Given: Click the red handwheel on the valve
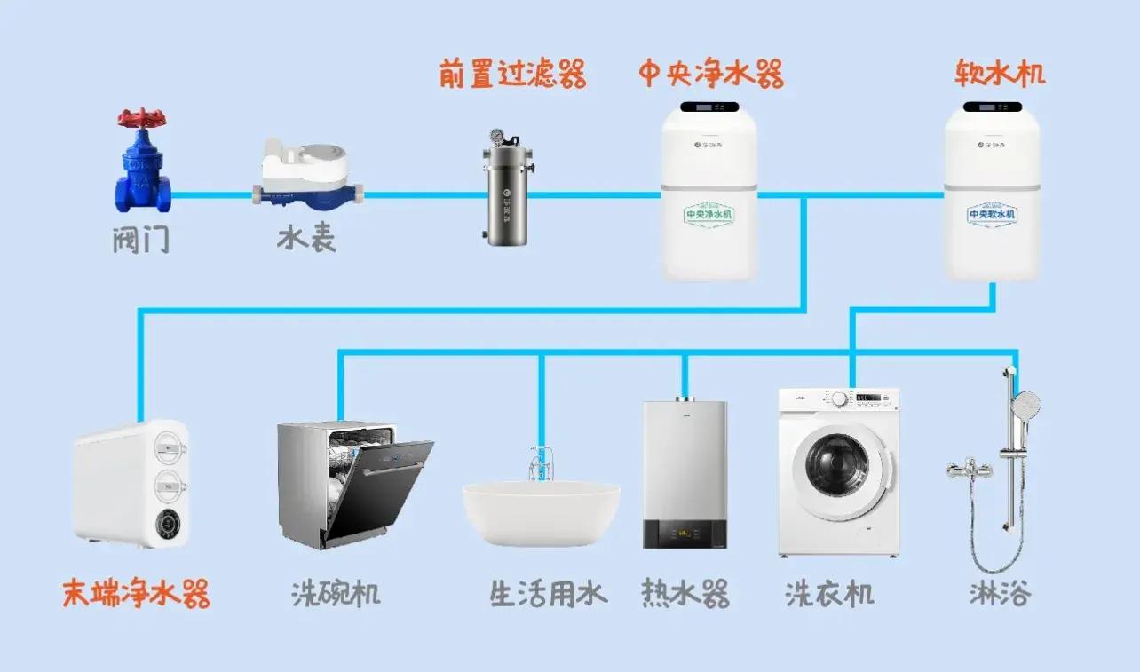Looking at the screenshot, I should pos(142,118).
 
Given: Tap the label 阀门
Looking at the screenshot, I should pos(141,239).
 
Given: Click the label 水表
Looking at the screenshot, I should pos(306,239).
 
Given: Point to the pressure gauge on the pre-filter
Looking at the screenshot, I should pos(495,138).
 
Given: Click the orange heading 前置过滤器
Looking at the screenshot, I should pos(512,75).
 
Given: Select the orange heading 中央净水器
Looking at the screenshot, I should pos(710,75).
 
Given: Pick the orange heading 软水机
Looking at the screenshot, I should pos(1000,73).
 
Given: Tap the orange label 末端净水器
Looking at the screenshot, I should pos(136,593).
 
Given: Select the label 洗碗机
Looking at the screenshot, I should pos(336,593).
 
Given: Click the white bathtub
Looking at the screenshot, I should pos(541,513).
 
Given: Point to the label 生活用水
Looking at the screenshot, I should pos(548,593).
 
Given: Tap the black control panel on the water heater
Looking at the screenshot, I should pos(685,534).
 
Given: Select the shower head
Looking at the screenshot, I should pos(1026,406).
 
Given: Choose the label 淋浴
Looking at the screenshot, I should pos(1000,593).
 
